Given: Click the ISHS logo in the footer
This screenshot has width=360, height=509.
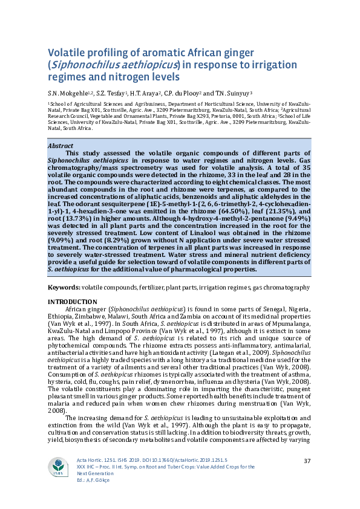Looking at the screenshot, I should (59, 466).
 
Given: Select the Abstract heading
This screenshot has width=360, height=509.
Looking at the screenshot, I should (60, 146).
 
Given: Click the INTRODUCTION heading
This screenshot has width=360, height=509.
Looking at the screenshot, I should (71, 302).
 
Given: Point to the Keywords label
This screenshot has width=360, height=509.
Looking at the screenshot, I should (64, 288).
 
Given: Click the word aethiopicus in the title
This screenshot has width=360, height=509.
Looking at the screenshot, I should (144, 65).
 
